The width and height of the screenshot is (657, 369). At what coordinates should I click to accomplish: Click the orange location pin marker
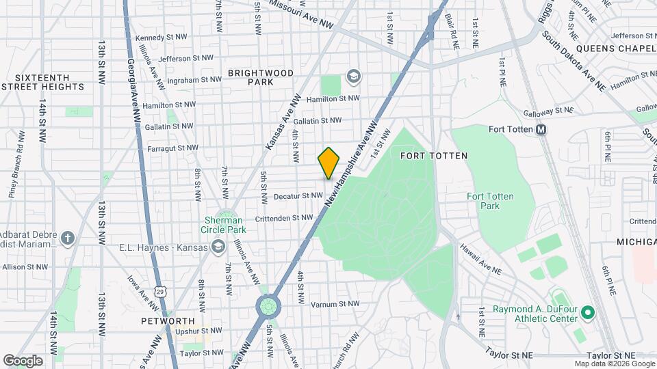pos(328,163)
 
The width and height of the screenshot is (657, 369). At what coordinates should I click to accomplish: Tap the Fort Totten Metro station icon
pos(541,129)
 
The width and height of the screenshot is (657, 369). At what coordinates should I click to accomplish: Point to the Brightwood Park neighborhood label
pos(261,77)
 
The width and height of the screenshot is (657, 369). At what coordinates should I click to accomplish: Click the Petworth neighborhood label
pos(168,320)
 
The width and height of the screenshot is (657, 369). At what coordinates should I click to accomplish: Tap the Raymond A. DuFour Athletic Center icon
pos(587,314)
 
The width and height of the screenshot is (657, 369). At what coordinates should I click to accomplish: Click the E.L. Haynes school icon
pos(218,247)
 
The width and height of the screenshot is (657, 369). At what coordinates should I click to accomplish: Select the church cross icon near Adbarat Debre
pos(67,238)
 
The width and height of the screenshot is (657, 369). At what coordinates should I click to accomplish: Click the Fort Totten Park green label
pos(490,201)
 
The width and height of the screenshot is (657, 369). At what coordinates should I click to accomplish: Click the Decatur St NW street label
pos(298,196)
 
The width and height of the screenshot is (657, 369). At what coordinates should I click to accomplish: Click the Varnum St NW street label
pos(335,304)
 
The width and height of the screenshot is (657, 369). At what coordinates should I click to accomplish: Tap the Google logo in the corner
pos(23,361)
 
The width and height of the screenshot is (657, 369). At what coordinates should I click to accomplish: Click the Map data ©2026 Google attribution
pos(614,364)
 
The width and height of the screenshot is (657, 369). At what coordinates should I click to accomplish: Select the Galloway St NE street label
pos(547,111)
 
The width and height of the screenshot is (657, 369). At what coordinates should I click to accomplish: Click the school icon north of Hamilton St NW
pos(353,75)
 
